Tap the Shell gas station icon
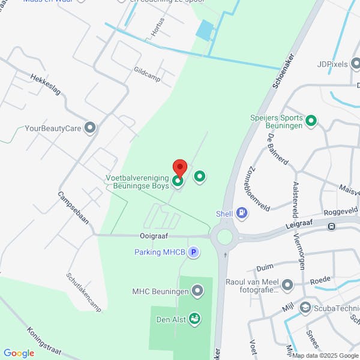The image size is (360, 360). click(241, 212)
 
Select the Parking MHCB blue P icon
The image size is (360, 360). click(193, 253)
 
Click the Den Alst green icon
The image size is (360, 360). click(194, 317)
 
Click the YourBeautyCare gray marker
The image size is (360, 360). click(90, 128)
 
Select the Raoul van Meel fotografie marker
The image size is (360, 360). click(288, 284)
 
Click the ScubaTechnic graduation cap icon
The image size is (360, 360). click(305, 308)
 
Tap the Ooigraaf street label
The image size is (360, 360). click(153, 236)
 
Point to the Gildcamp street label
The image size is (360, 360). click(147, 74)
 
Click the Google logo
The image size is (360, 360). click(19, 353)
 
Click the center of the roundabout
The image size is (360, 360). click(224, 238)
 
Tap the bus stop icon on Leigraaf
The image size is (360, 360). click(331, 226)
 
